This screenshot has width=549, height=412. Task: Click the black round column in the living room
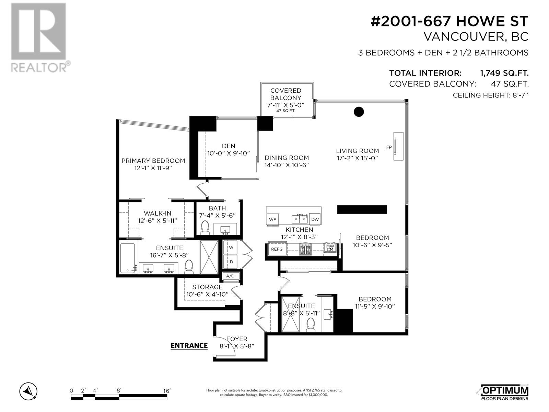pyautogui.click(x=359, y=112)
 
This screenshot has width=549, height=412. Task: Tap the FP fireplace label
pyautogui.click(x=389, y=147)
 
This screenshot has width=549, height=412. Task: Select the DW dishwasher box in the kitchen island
pyautogui.click(x=315, y=219)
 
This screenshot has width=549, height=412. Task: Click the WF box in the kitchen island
pyautogui.click(x=273, y=219)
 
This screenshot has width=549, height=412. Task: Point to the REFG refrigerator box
pyautogui.click(x=277, y=249)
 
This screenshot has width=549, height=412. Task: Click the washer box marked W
pyautogui.click(x=231, y=247)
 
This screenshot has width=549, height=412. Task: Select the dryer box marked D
pyautogui.click(x=231, y=262)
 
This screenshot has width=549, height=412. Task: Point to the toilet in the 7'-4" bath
pyautogui.click(x=205, y=228)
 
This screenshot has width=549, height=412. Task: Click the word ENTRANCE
pyautogui.click(x=189, y=345)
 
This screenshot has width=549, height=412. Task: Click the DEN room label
pyautogui.click(x=228, y=146)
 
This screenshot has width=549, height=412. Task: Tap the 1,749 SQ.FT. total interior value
pyautogui.click(x=504, y=73)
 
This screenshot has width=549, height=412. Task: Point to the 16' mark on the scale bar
pyautogui.click(x=167, y=391)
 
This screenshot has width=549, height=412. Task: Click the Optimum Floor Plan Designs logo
pyautogui.click(x=503, y=392)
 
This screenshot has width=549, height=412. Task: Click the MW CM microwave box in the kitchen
pyautogui.click(x=330, y=248)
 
